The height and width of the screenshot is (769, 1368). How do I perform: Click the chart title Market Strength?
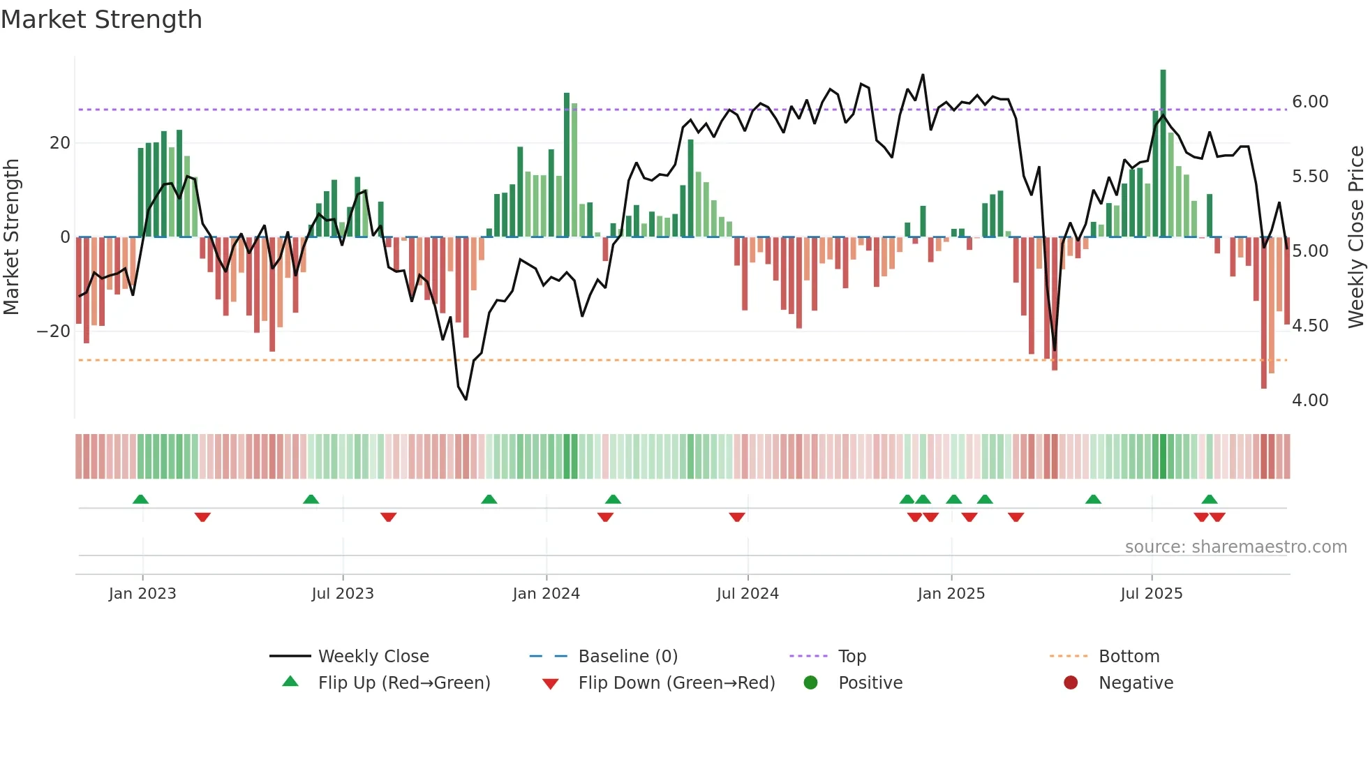coord(101,20)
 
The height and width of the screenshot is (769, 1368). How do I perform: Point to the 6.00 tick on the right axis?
coord(1309,102)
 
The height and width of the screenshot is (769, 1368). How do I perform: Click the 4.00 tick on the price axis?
coord(1309,401)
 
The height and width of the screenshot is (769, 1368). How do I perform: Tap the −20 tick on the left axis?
coord(54,331)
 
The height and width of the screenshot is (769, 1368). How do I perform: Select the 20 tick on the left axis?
coord(60,143)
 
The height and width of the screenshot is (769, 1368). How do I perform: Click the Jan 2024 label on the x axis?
coord(546,594)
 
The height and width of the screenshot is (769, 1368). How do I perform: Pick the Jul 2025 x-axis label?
coord(1151,594)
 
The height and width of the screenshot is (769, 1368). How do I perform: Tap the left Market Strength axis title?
coord(11,237)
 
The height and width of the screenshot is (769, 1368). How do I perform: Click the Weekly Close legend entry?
coord(373,657)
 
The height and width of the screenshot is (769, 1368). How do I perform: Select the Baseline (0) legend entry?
coord(627,657)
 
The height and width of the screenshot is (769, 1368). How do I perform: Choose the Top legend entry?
coord(852,657)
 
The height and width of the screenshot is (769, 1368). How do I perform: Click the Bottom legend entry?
coord(1129,657)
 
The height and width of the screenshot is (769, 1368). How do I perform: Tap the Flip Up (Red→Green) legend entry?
coord(403,683)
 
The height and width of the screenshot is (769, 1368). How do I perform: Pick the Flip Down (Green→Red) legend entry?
coord(676,683)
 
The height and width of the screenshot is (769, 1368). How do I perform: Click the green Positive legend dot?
coord(810,682)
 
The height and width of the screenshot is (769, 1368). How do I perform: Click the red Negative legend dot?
coord(1071,682)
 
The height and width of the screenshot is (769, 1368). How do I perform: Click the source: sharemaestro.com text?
coord(1235,547)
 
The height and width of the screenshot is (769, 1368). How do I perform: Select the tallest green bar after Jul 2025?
coord(1163,154)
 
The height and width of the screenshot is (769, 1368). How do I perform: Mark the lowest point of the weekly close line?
coord(466,399)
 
